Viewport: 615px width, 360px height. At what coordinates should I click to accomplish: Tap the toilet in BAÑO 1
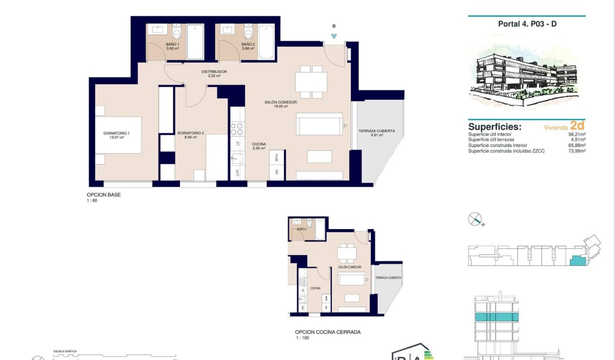[x=177, y=34]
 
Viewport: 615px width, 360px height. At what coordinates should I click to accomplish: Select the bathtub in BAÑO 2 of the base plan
[x=266, y=42]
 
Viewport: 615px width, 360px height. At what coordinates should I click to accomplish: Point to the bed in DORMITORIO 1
[x=119, y=135]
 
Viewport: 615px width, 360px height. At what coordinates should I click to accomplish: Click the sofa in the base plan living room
[x=319, y=124]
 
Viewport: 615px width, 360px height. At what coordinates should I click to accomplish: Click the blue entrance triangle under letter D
[x=334, y=36]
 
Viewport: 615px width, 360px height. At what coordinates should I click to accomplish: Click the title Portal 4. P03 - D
[x=527, y=24]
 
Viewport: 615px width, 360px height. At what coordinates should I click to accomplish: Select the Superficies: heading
[x=494, y=126]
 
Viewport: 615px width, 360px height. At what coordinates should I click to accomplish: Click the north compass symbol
[x=475, y=219]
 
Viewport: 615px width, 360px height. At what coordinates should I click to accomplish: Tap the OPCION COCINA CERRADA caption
[x=327, y=332]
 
